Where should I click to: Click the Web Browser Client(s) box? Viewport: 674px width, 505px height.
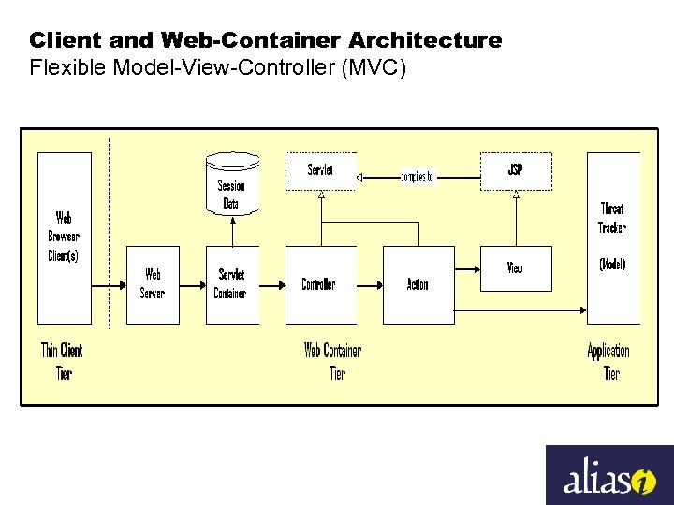(64, 238)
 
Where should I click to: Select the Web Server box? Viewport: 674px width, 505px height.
(153, 284)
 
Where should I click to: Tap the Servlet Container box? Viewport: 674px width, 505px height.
(231, 284)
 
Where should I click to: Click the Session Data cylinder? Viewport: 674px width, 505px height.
(231, 184)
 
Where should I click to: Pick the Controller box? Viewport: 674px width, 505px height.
(320, 284)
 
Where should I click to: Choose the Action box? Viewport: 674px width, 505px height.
(418, 284)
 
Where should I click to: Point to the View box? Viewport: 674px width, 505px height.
(516, 268)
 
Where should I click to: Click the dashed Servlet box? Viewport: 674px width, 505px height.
(320, 171)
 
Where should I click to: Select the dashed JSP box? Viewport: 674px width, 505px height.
(516, 171)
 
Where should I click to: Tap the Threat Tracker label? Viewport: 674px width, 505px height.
(612, 218)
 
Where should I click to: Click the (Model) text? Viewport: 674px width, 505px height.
(612, 265)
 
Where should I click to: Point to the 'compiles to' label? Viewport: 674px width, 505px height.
(418, 176)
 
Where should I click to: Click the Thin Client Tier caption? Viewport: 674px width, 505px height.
(62, 362)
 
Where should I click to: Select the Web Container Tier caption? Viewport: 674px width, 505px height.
(333, 362)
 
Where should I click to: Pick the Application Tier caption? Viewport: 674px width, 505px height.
(608, 362)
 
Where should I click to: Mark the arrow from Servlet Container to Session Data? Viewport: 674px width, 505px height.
(231, 232)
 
